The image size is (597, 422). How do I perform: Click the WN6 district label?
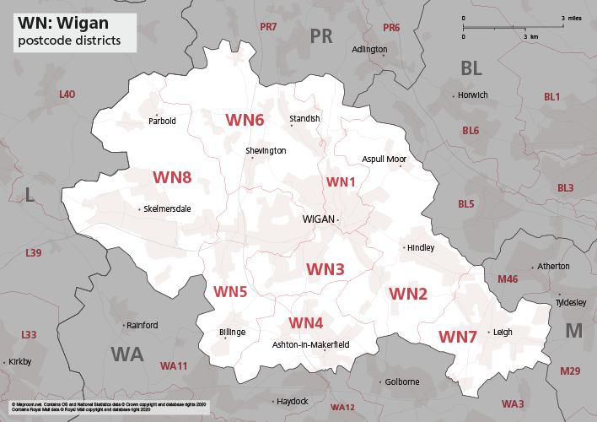pos(245,120)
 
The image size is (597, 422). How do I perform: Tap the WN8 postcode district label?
pos(172,177)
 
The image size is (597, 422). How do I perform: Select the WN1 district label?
pos(342,182)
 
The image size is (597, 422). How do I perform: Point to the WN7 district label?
pos(458,337)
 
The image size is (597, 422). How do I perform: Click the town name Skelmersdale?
pos(168,208)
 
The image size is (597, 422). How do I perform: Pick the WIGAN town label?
pos(318,219)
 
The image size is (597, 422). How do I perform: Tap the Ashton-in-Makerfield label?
pos(311,345)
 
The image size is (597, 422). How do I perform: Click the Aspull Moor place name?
pos(384,159)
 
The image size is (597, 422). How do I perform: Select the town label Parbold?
pos(162,121)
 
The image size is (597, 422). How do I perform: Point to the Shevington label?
pos(266,150)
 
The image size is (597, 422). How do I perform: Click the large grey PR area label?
pos(321,35)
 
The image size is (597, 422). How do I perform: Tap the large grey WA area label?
pos(126,354)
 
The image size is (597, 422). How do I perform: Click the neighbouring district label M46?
pos(508,279)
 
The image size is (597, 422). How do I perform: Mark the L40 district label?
pos(67,94)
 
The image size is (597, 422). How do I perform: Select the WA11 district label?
pos(174,366)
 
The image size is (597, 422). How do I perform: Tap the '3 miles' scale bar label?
pos(570,18)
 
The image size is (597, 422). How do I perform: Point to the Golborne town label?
pos(402,381)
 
